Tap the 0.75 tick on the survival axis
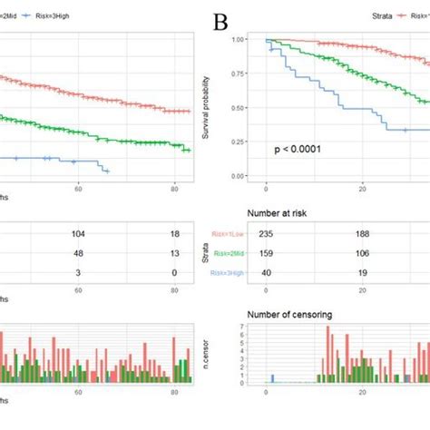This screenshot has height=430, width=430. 238,74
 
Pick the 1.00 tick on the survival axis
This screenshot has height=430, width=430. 238,40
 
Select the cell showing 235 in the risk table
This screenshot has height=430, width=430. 266,233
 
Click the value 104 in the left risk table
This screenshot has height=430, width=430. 79,233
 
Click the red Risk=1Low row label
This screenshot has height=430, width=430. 230,233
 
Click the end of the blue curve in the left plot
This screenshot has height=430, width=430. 109,171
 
